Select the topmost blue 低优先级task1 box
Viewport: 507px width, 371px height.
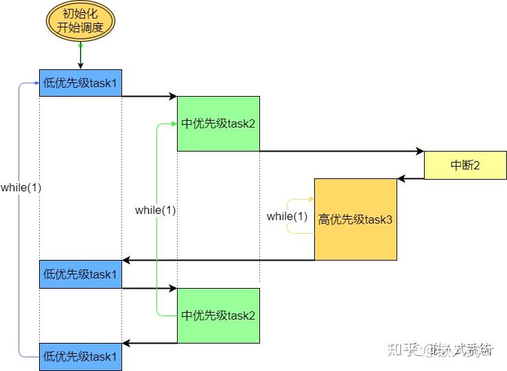click(x=80, y=83)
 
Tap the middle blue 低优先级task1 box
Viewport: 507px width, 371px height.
click(x=80, y=274)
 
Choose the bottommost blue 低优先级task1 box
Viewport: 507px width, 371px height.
click(x=80, y=357)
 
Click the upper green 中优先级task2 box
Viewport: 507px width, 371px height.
click(x=218, y=123)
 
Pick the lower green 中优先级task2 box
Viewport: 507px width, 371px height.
click(x=218, y=315)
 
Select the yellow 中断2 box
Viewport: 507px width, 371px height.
click(x=464, y=165)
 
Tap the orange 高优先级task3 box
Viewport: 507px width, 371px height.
click(x=355, y=219)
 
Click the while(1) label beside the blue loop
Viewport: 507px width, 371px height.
click(x=21, y=187)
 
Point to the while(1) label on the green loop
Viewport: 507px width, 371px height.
click(x=155, y=211)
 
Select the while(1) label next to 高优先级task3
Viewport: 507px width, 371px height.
click(x=287, y=217)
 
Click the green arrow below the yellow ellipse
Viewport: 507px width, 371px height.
click(x=80, y=55)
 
